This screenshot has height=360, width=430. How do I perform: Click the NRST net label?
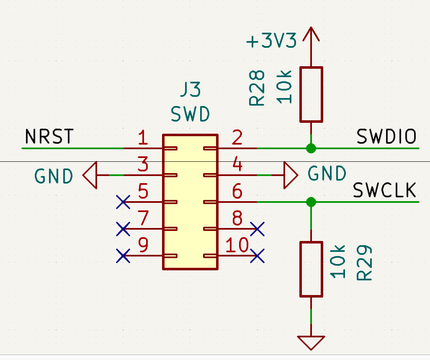tap(49, 136)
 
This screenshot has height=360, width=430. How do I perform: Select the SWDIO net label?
tap(386, 136)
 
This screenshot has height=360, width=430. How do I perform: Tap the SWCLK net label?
tap(384, 190)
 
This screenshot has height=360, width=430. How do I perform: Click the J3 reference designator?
tap(191, 89)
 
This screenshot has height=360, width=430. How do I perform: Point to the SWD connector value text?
tap(190, 114)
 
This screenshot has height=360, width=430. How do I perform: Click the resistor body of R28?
tap(311, 94)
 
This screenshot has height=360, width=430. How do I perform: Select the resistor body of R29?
tap(311, 269)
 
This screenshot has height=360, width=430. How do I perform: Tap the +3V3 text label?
tap(271, 41)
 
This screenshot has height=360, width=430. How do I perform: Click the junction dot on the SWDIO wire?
tap(311, 148)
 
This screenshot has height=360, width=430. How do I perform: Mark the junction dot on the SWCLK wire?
tap(311, 202)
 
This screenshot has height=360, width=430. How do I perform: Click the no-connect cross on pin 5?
tap(123, 202)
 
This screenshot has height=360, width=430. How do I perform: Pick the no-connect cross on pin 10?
tap(257, 256)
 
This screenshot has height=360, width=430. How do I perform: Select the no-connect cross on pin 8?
tap(257, 229)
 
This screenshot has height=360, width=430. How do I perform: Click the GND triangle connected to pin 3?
tap(90, 175)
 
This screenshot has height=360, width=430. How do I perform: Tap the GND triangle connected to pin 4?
tap(291, 175)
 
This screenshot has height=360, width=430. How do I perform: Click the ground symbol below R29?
tap(311, 343)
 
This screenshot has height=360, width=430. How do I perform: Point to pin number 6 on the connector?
tap(237, 191)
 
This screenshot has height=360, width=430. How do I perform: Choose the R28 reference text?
tap(257, 88)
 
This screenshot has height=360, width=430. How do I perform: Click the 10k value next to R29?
tap(337, 262)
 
